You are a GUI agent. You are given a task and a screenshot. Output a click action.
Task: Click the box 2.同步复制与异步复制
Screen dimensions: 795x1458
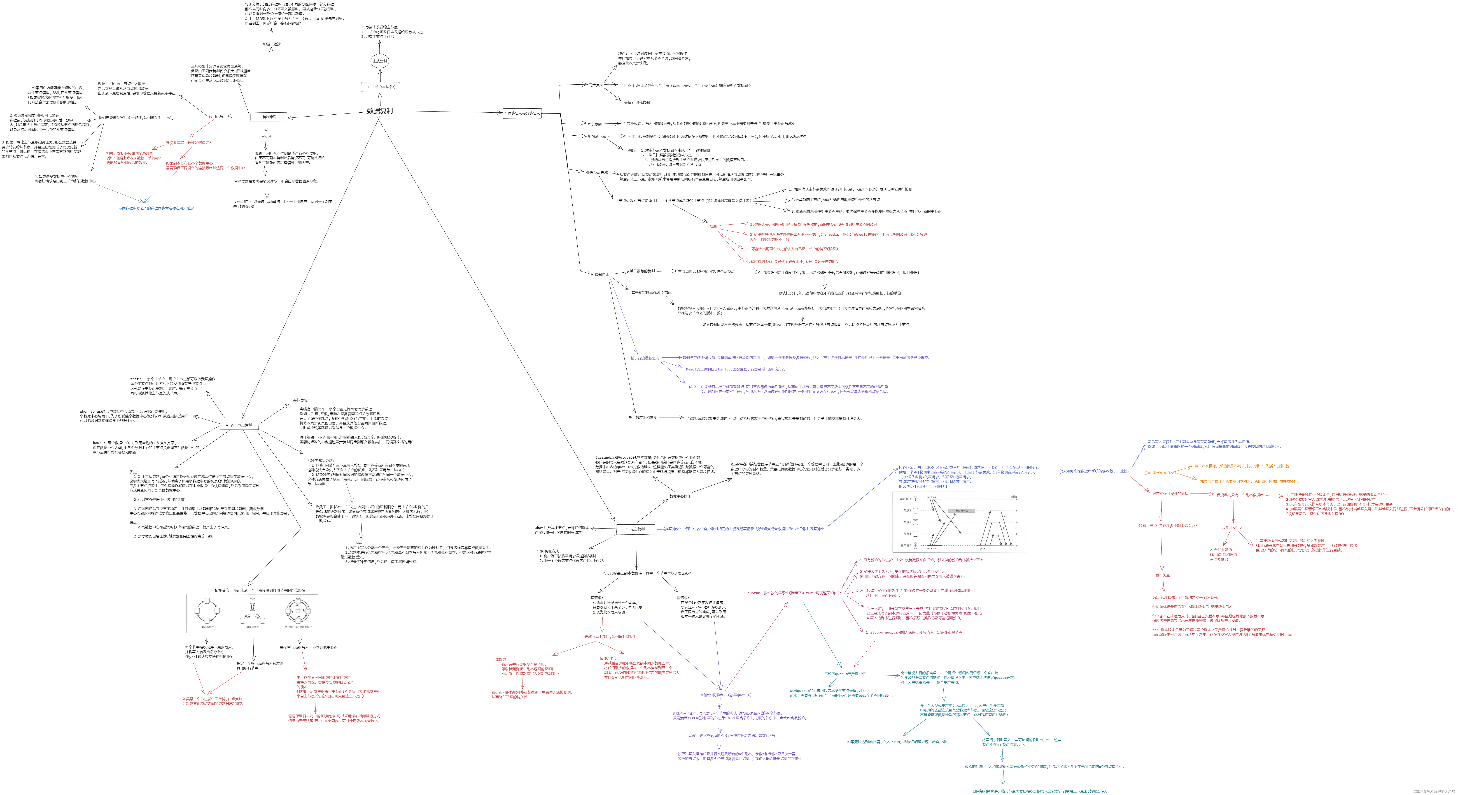pos(522,113)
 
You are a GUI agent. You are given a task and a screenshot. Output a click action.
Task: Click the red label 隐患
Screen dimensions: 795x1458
pos(713,226)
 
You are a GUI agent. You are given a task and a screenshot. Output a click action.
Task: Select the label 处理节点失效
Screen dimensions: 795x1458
pos(597,172)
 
